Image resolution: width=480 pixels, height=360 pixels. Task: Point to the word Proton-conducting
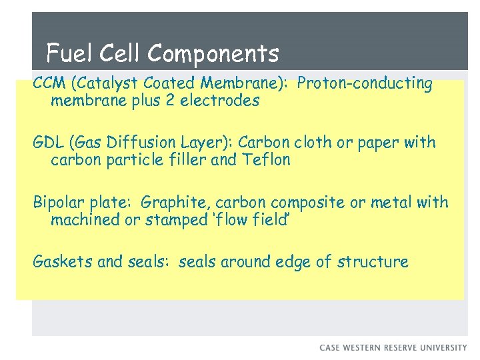point(365,84)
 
